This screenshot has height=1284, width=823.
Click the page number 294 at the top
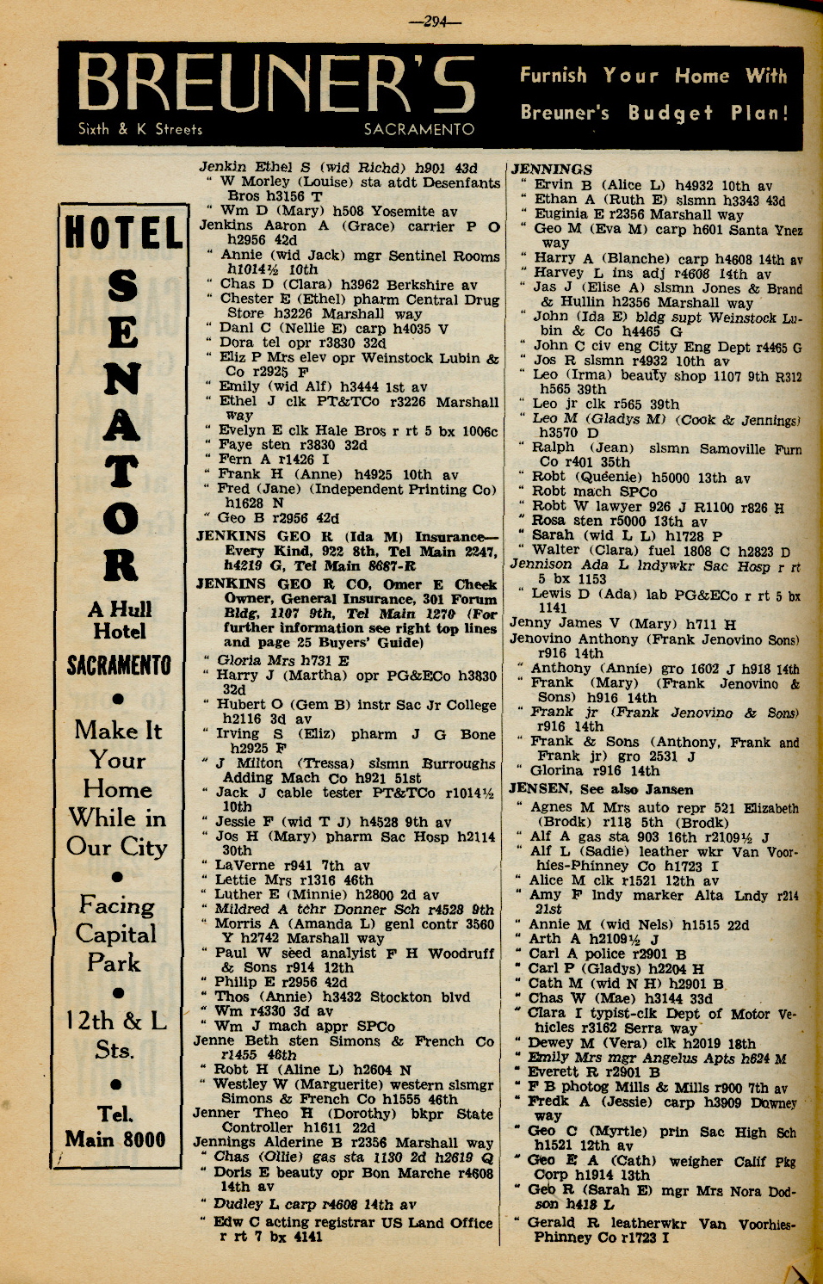click(435, 22)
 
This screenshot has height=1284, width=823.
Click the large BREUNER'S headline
click(277, 86)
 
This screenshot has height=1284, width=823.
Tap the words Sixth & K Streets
click(139, 129)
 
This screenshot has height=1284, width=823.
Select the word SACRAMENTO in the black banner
click(418, 129)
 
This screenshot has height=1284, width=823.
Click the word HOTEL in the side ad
click(123, 234)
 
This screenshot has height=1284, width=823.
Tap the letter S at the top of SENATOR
click(121, 287)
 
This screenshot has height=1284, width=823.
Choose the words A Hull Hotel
click(120, 620)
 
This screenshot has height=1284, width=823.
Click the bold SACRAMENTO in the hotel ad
click(120, 665)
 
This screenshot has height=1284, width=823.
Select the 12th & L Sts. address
click(116, 1034)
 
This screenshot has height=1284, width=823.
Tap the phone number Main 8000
click(115, 1139)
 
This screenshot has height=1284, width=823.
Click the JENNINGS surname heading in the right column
click(552, 170)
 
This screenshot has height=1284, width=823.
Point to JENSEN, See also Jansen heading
click(601, 789)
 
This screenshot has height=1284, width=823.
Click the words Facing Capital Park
click(116, 934)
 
